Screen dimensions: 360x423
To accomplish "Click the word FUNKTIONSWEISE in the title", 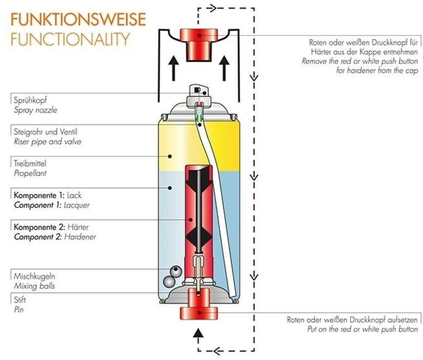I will [78, 20].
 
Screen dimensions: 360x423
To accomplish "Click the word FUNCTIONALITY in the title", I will [70, 39].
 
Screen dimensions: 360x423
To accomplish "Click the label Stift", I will [20, 300].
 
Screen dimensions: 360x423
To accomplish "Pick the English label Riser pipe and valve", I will [48, 142].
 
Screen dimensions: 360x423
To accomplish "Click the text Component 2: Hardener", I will [55, 237].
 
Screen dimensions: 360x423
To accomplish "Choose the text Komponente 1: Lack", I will [48, 195].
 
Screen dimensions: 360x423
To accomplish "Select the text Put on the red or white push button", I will [362, 329].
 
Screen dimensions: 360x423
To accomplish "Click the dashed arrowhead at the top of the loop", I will [212, 8].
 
